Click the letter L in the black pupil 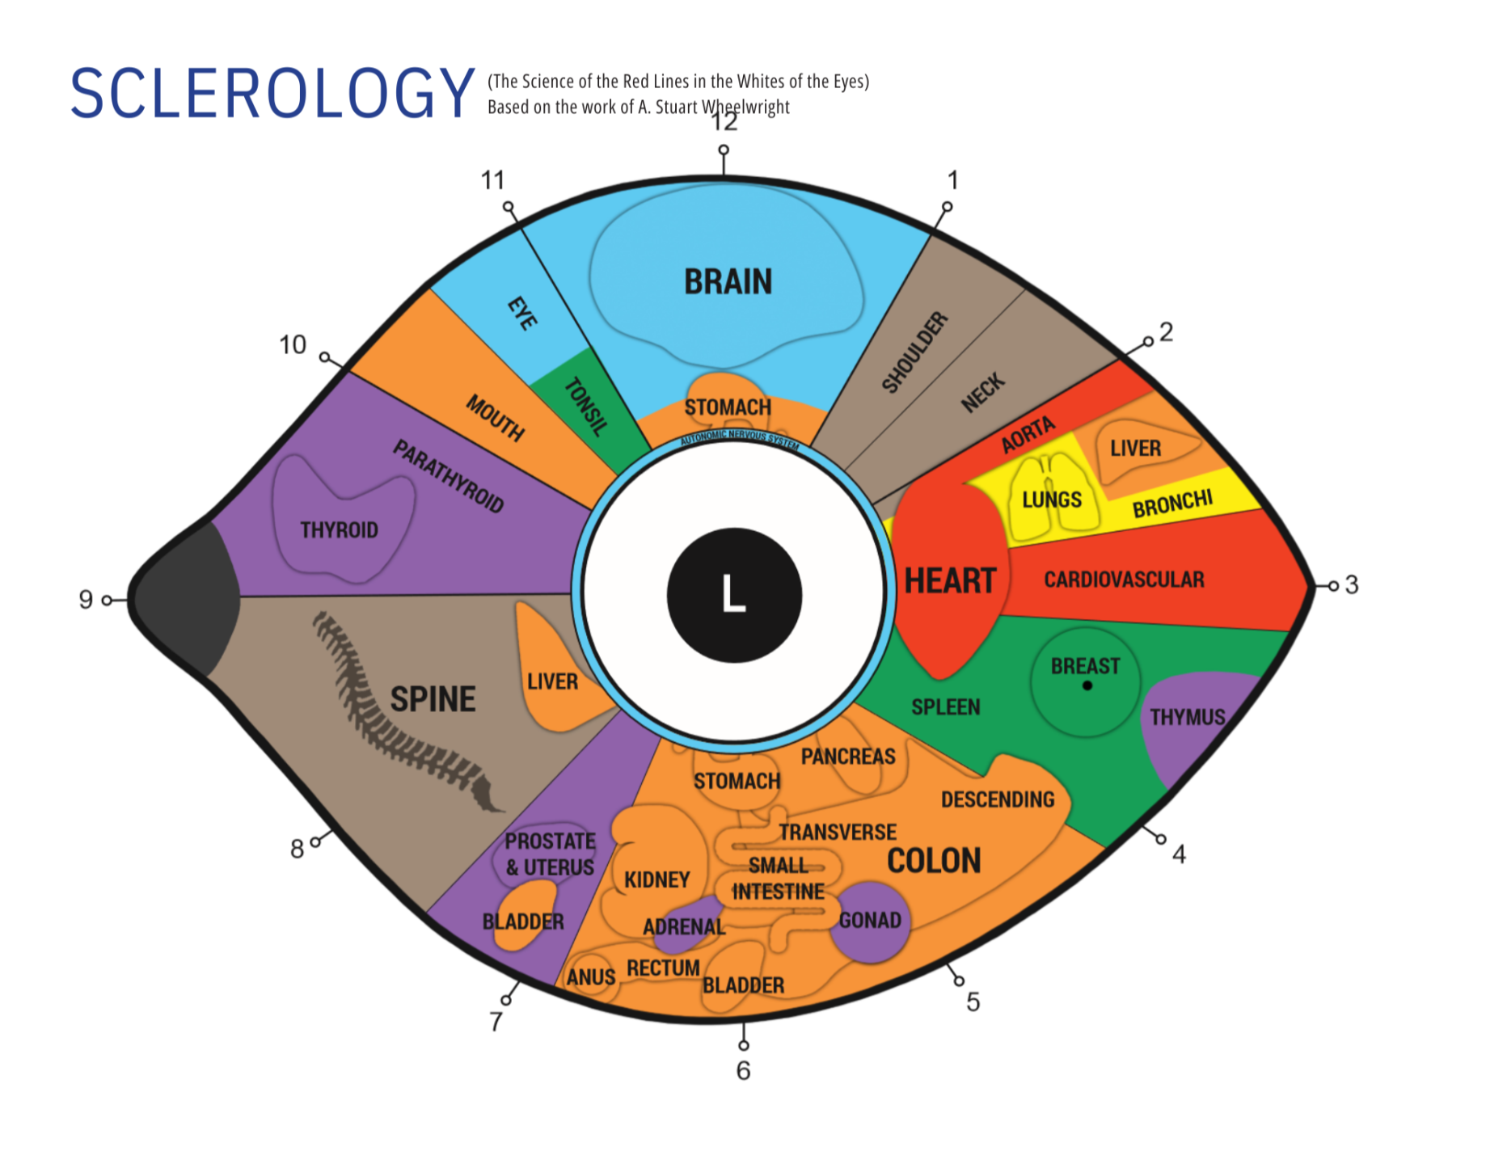point(733,594)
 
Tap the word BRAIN point(728,282)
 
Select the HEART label point(949,580)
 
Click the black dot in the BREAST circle point(1087,685)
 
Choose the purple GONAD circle point(870,921)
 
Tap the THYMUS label point(1187,717)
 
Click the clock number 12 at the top point(724,122)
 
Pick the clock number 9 point(86,599)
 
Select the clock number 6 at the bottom point(743,1070)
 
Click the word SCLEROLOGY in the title point(272,94)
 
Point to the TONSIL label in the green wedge point(585,407)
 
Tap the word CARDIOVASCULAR point(1124,580)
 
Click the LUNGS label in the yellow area point(1051,500)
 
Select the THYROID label point(339,530)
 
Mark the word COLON point(934,861)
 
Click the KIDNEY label point(656,879)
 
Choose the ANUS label point(590,977)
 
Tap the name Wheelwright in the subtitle point(745,107)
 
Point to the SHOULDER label point(914,352)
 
